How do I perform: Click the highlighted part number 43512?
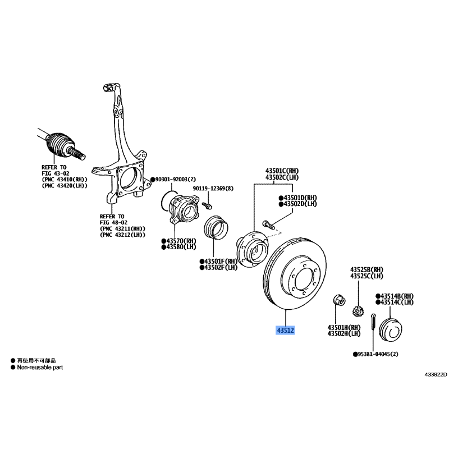(285, 330)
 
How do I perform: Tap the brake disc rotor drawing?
(295, 273)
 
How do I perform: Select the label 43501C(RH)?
(282, 171)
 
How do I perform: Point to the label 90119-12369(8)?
(213, 189)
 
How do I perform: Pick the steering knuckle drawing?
(121, 143)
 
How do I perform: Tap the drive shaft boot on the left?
(59, 145)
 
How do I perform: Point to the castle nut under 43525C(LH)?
(357, 310)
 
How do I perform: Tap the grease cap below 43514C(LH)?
(390, 329)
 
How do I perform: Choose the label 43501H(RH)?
(344, 327)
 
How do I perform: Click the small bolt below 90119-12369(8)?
(207, 205)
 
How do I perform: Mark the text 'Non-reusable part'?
(40, 367)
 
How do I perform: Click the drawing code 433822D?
(436, 374)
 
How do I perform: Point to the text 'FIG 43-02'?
(56, 173)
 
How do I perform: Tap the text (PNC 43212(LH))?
(122, 235)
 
